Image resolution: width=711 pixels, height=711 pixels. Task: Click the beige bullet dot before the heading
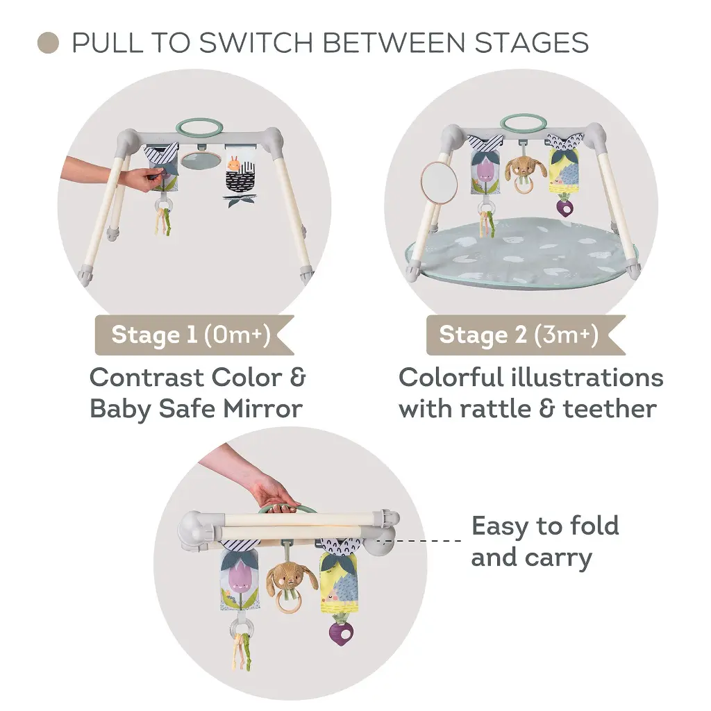point(48,43)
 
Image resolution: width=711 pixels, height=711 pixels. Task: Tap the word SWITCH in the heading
point(256,43)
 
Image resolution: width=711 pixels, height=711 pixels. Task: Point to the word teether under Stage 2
point(610,409)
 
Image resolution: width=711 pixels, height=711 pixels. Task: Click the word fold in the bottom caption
point(594,526)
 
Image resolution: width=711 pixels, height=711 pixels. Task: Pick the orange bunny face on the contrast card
point(234,164)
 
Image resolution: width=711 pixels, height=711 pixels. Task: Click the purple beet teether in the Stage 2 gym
point(564,206)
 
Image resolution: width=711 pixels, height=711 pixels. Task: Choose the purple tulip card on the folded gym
point(240,583)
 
